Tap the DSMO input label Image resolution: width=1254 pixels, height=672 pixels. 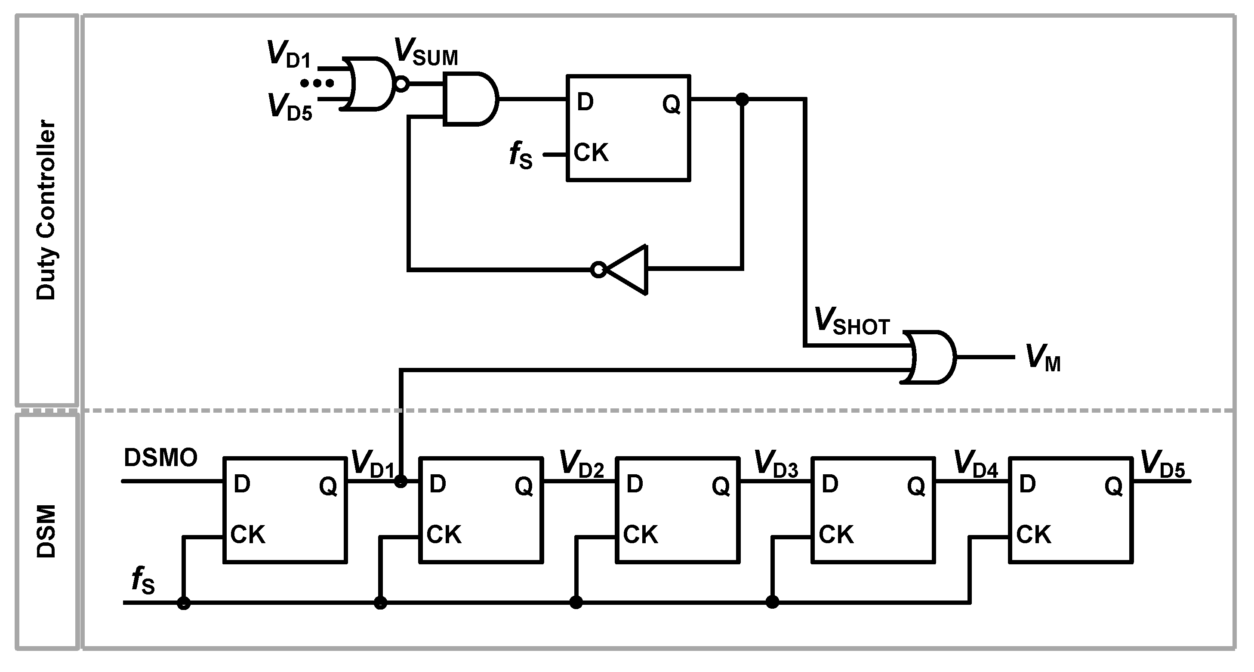point(160,457)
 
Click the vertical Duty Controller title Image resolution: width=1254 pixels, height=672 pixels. point(47,209)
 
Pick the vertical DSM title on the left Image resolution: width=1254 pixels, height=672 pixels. point(47,531)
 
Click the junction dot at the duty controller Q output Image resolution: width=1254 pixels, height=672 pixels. point(742,100)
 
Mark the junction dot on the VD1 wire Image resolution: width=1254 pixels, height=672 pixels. point(400,482)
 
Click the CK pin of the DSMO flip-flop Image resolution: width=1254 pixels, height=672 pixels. point(248,535)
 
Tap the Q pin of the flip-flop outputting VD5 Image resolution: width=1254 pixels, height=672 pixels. point(1113,486)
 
